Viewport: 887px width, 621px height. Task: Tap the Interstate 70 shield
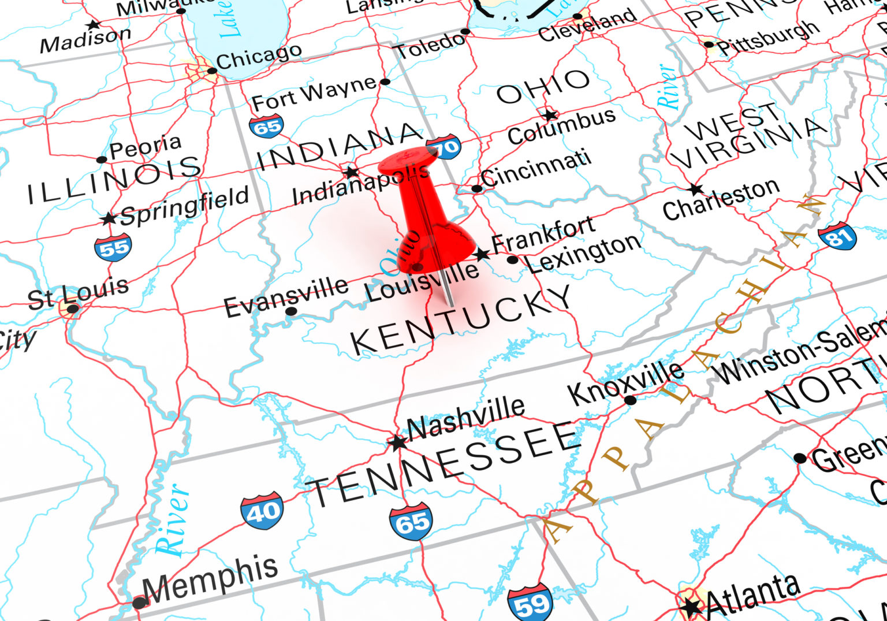[443, 147]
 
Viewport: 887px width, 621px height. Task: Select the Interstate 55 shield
[113, 247]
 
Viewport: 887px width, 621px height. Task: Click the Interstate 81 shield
[837, 236]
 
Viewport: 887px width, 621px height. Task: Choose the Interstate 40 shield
[263, 510]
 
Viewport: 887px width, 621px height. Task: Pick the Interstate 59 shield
[530, 603]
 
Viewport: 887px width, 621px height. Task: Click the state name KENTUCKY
[461, 321]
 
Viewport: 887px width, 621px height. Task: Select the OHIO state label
[543, 85]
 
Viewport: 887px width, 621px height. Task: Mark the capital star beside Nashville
[397, 443]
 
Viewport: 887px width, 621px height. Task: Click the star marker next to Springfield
[108, 219]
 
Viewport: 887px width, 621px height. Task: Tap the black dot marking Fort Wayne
[386, 81]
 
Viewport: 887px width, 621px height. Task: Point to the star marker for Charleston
[695, 189]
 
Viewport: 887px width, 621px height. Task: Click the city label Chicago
[259, 56]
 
